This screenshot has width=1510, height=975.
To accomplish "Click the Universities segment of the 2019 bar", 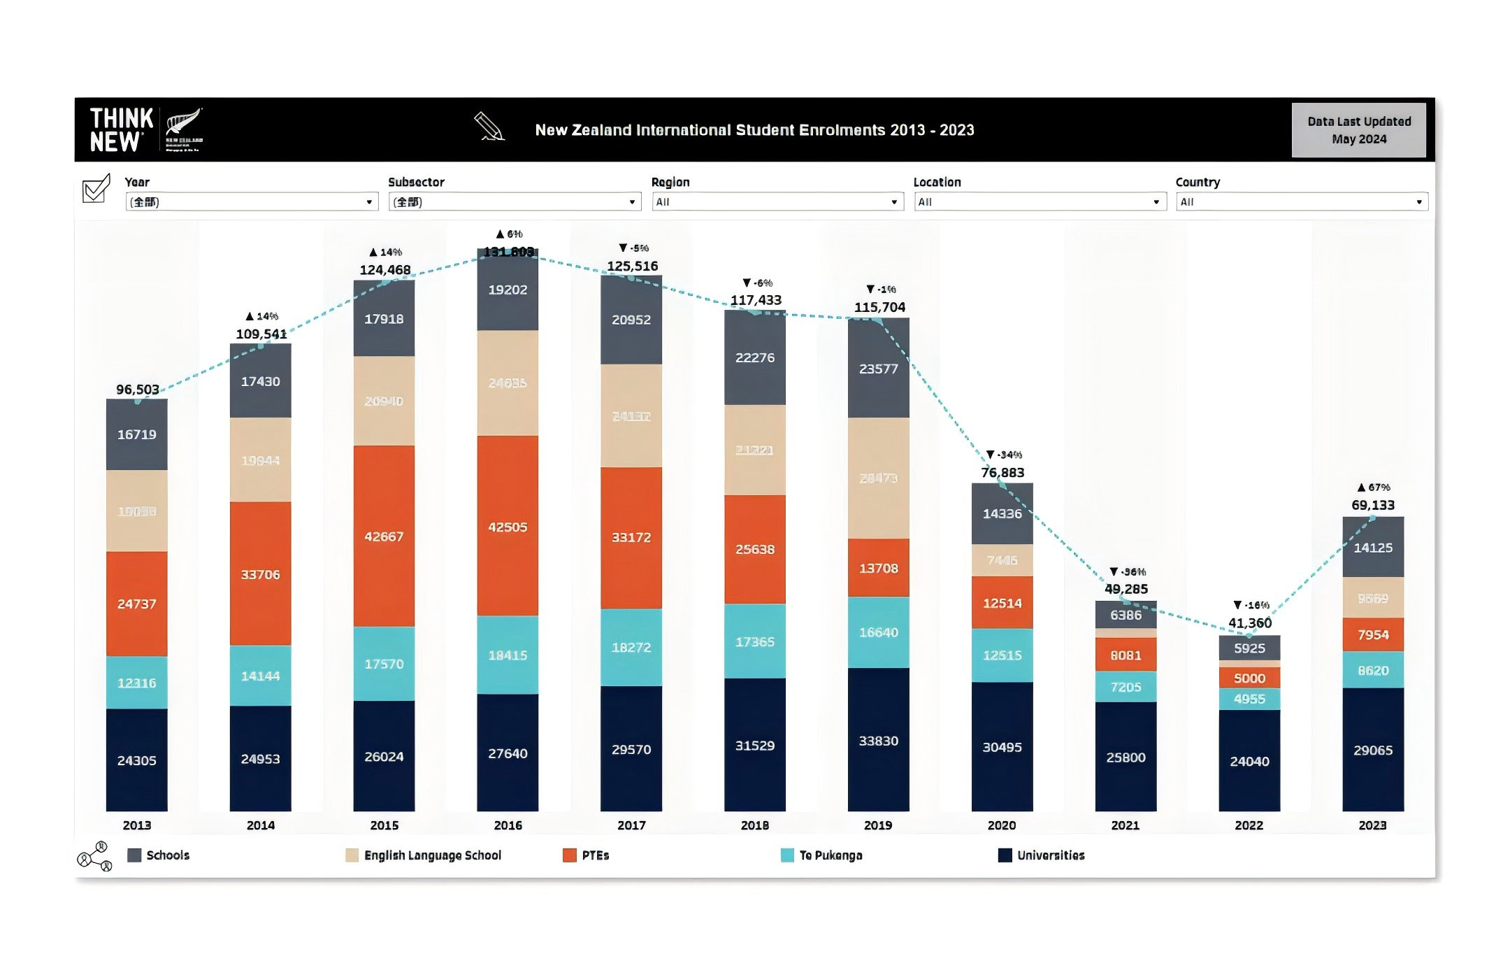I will pos(878,740).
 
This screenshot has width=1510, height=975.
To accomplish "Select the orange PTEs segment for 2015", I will pos(384,536).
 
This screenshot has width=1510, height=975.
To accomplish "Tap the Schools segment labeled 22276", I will pos(754,357).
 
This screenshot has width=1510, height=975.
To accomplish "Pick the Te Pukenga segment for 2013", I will pos(136,683).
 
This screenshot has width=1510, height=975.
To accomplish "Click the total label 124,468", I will pos(385,270).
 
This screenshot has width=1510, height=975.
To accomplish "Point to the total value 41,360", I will pos(1250,622).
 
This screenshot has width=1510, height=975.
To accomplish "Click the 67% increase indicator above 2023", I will pos(1374,487).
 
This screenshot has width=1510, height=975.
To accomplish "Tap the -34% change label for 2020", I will pos(1004,455).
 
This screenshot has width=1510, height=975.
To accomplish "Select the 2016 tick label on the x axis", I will pos(508,825).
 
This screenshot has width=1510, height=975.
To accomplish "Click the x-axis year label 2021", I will pos(1126,825).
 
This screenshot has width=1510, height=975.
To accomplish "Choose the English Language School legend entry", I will pos(432,855).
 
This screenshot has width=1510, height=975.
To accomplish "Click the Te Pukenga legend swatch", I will pos(787,855).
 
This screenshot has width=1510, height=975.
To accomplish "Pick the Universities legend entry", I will pos(1050,855).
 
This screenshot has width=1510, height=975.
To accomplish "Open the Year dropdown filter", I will pos(251,202).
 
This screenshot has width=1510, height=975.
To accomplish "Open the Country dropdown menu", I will pos(1302,202).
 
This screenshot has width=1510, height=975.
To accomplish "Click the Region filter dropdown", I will pos(777,202).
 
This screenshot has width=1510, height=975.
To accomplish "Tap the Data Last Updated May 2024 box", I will pos(1358,130).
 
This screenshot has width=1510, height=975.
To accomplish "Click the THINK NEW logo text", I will pos(122,130).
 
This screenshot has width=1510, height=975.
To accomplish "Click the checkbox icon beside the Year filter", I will pos(96,188).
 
